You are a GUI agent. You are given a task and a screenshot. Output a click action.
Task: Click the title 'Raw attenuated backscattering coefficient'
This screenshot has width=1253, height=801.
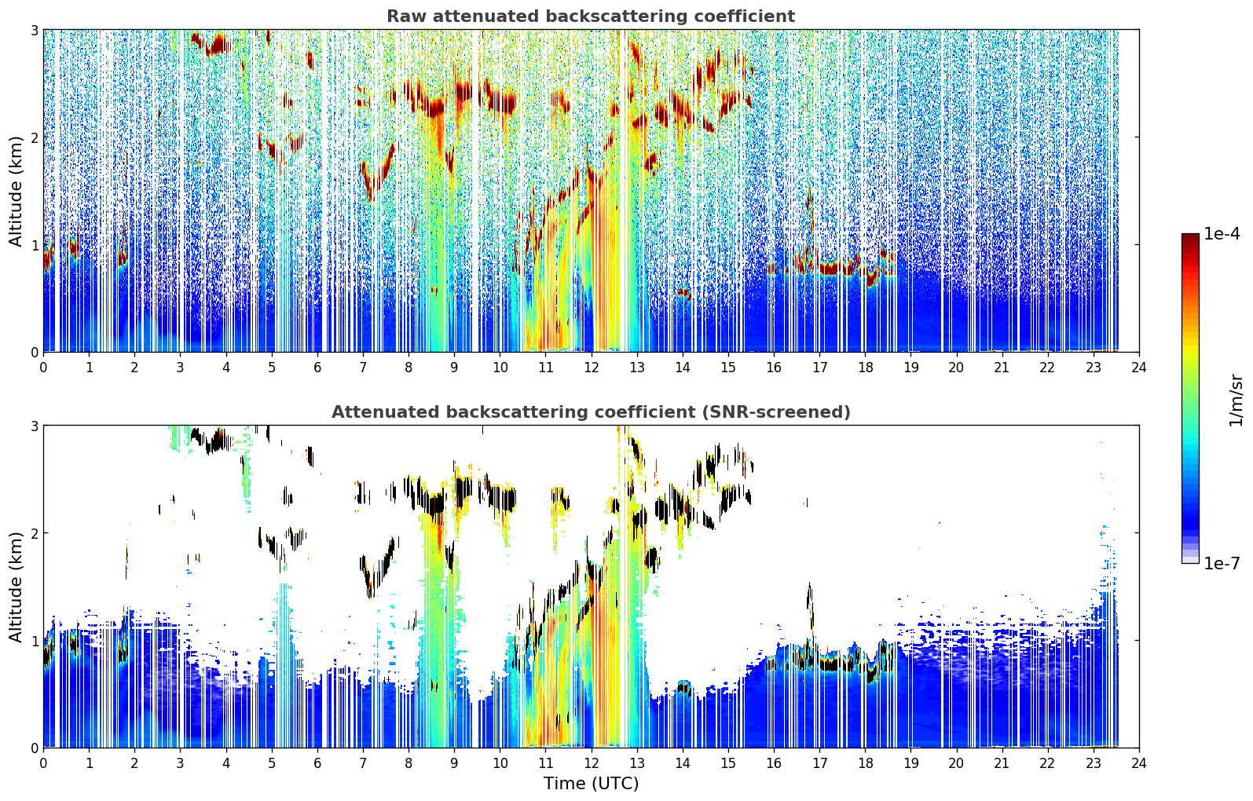point(591,16)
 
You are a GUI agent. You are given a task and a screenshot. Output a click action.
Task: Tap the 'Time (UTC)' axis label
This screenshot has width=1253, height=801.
point(591,783)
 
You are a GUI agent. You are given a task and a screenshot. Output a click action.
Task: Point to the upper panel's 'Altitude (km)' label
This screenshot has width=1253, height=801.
point(16,192)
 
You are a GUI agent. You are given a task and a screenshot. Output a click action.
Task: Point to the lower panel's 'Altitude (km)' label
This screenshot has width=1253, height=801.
point(16,587)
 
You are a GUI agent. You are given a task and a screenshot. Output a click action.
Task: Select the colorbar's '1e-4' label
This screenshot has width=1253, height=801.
point(1222,234)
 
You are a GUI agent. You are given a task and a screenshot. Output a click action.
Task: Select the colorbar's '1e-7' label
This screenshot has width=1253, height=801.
point(1222,563)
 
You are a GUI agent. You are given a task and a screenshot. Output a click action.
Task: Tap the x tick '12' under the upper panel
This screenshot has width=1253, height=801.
point(592,368)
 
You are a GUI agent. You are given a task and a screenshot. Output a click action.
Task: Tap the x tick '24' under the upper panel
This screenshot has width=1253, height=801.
point(1139,368)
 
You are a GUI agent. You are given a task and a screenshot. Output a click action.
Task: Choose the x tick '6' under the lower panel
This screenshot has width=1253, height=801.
point(317,763)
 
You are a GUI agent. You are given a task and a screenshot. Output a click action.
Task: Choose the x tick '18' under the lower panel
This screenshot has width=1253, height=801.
point(866,763)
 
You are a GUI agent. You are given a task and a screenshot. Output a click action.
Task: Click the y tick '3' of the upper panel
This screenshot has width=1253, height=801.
point(34,30)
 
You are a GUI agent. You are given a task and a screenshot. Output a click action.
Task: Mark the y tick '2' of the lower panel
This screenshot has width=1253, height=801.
point(34,533)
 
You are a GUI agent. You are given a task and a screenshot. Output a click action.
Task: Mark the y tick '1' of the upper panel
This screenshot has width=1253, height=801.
point(34,245)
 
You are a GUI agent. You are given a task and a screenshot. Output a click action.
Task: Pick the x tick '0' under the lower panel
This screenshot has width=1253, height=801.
point(44,763)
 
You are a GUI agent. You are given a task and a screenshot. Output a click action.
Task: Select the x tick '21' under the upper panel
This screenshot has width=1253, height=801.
point(1002,368)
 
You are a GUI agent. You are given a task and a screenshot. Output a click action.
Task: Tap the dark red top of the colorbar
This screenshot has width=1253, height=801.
point(1190,237)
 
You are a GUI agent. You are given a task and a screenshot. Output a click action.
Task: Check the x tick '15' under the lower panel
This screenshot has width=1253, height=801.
point(728,763)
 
